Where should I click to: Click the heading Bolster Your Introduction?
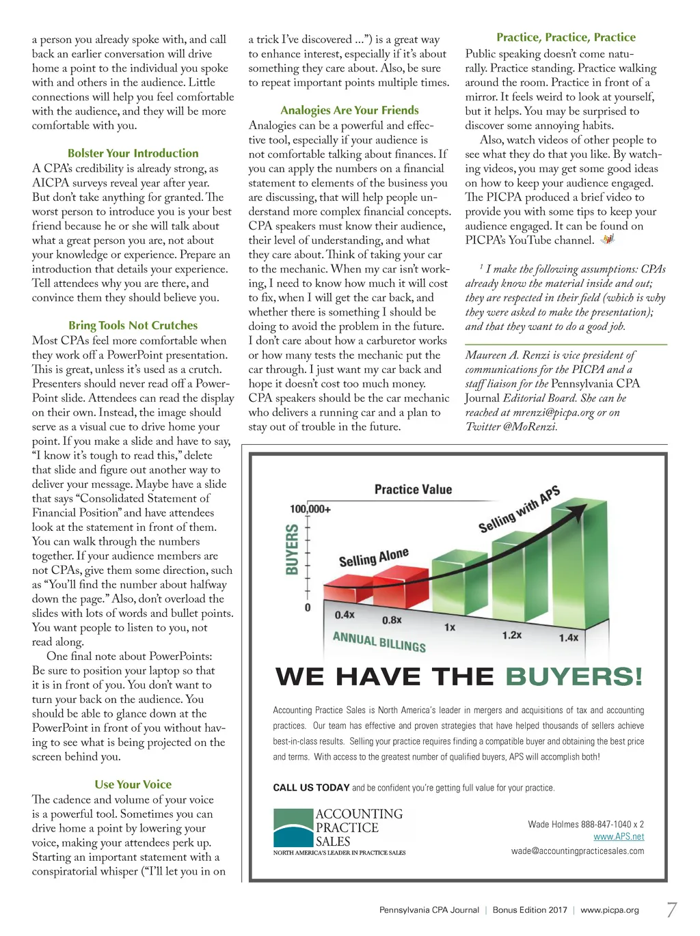133,154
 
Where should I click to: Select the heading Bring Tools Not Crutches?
133,326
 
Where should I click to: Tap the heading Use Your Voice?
133,785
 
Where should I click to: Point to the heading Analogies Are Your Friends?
349,111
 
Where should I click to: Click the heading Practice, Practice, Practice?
566,38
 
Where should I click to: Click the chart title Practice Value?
413,489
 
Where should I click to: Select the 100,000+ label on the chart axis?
310,509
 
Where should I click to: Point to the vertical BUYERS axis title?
292,549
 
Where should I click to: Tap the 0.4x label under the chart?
345,615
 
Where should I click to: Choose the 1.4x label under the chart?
569,637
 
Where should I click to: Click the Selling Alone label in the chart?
374,558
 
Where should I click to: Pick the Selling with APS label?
520,509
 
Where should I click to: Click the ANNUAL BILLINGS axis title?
379,642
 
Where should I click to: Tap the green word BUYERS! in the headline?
574,677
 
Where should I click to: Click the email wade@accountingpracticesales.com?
578,851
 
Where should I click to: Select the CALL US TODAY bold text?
311,788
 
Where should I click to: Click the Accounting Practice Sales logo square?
293,828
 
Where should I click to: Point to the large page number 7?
672,910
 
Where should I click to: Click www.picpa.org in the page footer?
610,910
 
